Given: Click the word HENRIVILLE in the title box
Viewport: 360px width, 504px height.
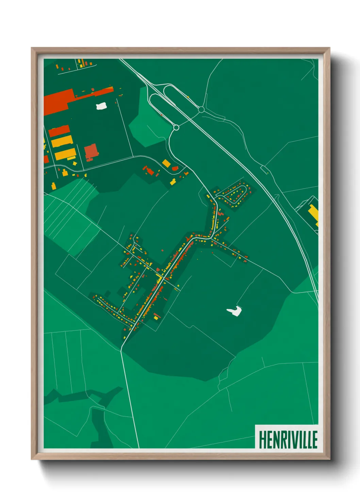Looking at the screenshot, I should click(x=288, y=439).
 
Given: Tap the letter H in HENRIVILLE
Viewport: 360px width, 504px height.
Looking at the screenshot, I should click(x=262, y=439).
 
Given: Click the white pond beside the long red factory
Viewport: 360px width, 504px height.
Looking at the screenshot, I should click(x=101, y=106).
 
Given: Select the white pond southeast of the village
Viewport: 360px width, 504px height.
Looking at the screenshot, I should click(x=234, y=311).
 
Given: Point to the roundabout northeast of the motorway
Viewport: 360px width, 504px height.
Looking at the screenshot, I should click(x=201, y=110).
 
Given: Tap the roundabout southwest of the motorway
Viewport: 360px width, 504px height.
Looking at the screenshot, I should click(x=176, y=128).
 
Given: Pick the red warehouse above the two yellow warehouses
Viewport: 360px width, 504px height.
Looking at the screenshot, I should click(x=59, y=131).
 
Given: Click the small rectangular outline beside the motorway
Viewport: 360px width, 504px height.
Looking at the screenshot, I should click(x=264, y=169).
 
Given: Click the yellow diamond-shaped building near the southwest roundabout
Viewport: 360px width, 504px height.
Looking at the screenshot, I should click(x=166, y=163).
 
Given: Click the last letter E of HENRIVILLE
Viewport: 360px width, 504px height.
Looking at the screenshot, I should click(x=315, y=439).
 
